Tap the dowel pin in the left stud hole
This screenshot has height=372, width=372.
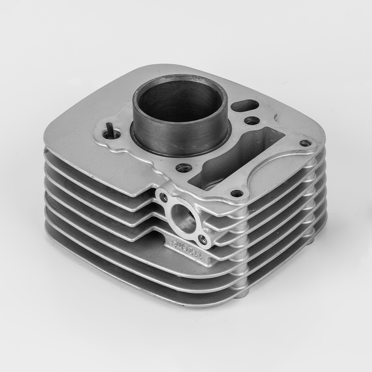tap(110, 130)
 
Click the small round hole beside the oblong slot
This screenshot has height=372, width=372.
tap(252, 121)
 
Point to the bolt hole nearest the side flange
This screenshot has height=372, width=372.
tap(237, 193)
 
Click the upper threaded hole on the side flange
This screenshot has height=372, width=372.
tap(163, 198)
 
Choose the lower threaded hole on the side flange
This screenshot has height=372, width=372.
tap(203, 239)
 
